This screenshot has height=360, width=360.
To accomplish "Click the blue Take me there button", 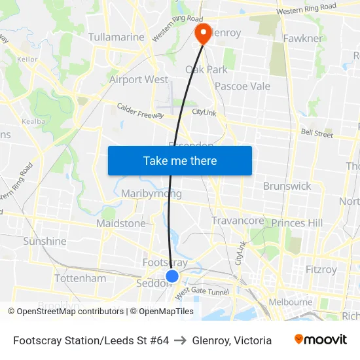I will coord(179,160).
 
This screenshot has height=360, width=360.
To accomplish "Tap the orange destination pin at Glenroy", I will coord(203,33).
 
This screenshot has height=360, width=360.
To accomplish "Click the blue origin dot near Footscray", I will coord(171,276).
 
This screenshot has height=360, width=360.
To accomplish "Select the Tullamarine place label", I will coord(116,37).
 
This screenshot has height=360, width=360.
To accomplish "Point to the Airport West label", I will coord(138,80).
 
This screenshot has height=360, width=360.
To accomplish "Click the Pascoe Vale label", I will coord(242,86).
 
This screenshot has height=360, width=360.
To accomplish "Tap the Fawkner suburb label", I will coord(302,39).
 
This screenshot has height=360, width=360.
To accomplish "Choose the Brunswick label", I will coord(287,186).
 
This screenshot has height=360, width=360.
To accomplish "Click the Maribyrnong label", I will coord(151,194).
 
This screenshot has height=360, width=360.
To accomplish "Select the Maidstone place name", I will coord(121,224).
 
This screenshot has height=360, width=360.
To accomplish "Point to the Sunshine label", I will coord(45,242).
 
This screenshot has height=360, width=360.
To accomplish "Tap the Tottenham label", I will coord(80,279).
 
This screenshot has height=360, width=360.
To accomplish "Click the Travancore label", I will coord(237,221).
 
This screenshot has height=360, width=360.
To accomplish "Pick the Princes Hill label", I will coord(297,223).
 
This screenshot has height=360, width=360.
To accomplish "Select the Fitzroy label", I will coord(321,269).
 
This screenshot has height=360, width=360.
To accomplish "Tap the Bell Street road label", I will coord(317,134).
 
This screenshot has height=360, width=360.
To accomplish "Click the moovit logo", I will coord(321,340).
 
